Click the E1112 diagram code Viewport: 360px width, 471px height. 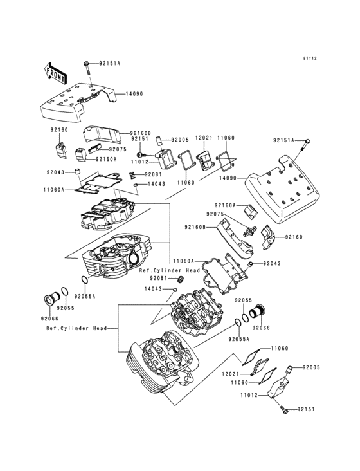tap(310, 58)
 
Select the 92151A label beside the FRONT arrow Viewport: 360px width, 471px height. tap(109, 64)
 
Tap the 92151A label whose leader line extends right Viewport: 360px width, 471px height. tap(283, 140)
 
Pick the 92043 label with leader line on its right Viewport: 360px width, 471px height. tap(56, 172)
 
